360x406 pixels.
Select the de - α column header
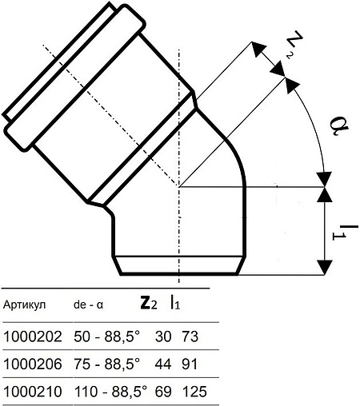(88, 304)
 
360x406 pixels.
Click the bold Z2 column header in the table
(150, 303)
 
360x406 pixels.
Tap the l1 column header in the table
(175, 303)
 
